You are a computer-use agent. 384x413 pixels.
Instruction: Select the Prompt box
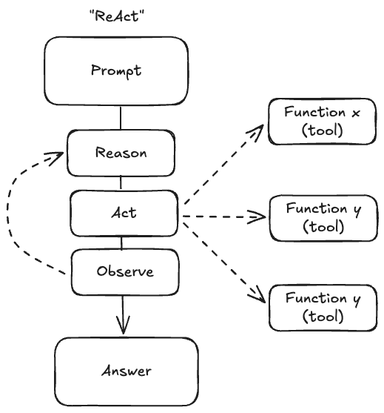click(x=115, y=71)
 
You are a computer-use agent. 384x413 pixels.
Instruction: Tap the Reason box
click(x=121, y=153)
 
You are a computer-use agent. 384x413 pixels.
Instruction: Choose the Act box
click(x=123, y=212)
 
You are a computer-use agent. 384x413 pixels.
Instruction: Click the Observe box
click(x=124, y=271)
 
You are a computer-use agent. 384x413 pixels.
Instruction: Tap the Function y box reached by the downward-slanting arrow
click(x=323, y=307)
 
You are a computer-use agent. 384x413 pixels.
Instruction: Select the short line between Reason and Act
click(x=121, y=182)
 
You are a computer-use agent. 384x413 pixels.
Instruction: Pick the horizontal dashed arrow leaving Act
click(x=222, y=217)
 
